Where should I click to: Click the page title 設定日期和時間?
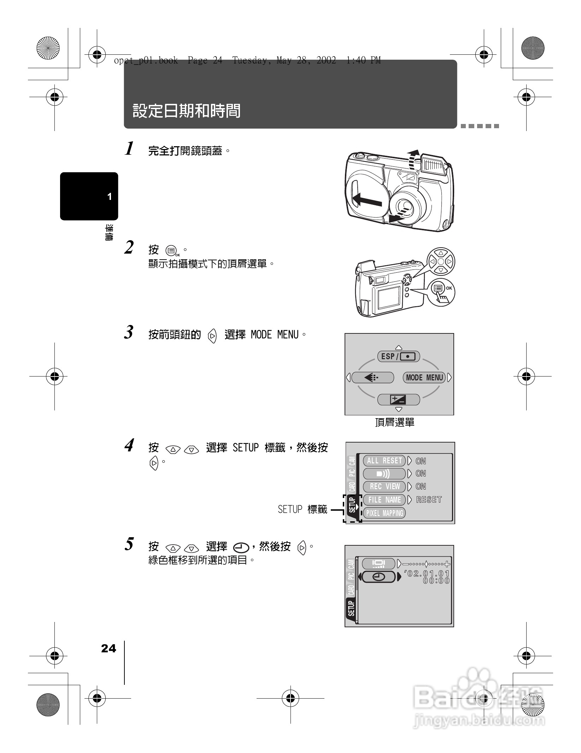pyautogui.click(x=187, y=111)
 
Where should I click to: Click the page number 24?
pyautogui.click(x=108, y=648)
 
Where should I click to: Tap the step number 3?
pyautogui.click(x=129, y=332)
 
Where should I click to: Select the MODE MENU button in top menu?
pyautogui.click(x=424, y=378)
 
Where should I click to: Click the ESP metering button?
pyautogui.click(x=399, y=356)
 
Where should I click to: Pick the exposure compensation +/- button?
pyautogui.click(x=398, y=399)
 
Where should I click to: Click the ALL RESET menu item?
pyautogui.click(x=384, y=461)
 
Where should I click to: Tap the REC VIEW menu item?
pyautogui.click(x=384, y=486)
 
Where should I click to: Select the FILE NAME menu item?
pyautogui.click(x=384, y=500)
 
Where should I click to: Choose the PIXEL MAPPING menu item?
pyautogui.click(x=384, y=513)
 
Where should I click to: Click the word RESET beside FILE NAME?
pyautogui.click(x=429, y=500)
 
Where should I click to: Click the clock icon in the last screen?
pyautogui.click(x=378, y=577)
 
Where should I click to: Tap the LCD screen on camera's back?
pyautogui.click(x=389, y=297)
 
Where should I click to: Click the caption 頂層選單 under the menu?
pyautogui.click(x=394, y=422)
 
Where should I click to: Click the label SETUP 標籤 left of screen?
pyautogui.click(x=303, y=509)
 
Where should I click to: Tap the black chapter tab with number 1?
pyautogui.click(x=89, y=196)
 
